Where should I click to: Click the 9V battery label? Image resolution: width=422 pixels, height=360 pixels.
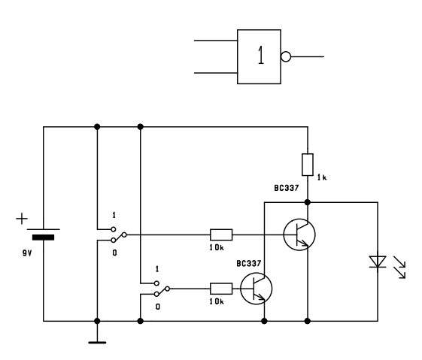click(x=27, y=253)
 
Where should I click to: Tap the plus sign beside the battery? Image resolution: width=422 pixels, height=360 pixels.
click(x=22, y=219)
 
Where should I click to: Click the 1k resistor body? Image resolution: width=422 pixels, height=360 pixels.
click(x=308, y=165)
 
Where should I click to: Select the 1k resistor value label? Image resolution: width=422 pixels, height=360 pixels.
click(x=322, y=177)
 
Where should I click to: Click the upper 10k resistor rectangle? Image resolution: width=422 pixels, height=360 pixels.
click(x=221, y=234)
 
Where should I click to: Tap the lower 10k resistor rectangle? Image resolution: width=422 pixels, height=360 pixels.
click(x=221, y=289)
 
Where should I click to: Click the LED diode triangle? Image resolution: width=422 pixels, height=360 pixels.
click(x=378, y=262)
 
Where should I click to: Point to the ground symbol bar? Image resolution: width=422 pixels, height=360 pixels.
click(x=97, y=343)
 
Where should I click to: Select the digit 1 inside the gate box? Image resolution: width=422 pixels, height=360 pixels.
click(x=260, y=55)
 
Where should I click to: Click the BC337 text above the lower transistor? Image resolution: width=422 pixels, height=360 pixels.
click(x=249, y=264)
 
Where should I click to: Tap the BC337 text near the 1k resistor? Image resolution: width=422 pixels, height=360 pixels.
click(x=287, y=188)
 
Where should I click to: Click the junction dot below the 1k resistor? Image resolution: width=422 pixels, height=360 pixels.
click(x=308, y=202)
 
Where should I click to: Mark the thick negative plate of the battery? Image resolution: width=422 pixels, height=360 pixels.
click(x=43, y=237)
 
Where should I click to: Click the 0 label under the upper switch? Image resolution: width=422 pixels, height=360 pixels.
click(x=114, y=253)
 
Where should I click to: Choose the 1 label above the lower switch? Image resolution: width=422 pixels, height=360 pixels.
click(x=157, y=269)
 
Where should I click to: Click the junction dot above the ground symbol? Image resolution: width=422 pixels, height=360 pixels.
click(x=97, y=321)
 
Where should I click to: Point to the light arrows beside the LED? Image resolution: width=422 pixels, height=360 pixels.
click(x=399, y=268)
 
